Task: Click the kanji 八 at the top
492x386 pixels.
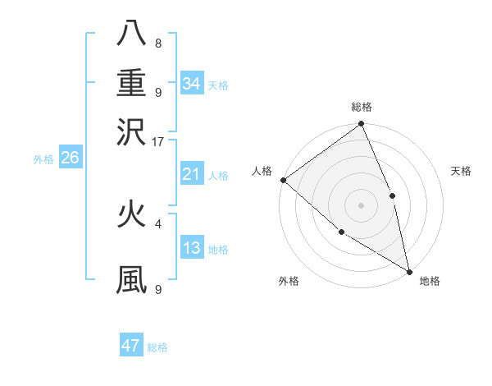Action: click(131, 34)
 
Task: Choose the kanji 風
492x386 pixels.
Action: click(131, 278)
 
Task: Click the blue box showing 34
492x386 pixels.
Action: click(192, 83)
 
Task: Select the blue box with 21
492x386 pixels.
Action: click(192, 174)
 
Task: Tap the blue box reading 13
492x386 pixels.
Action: click(192, 248)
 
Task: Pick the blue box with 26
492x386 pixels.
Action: click(70, 159)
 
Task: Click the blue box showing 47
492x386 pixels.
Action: click(131, 346)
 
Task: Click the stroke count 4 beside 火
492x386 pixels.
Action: click(158, 223)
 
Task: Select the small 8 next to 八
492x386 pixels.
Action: click(158, 43)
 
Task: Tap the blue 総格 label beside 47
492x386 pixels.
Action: click(157, 347)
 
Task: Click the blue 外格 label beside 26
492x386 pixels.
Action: click(43, 159)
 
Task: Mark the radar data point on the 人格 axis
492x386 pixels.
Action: click(283, 180)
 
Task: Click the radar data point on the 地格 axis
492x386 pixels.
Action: click(408, 270)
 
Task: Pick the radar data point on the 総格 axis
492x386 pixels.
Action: click(362, 125)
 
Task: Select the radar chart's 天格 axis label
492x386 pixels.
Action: click(462, 171)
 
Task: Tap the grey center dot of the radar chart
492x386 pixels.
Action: click(362, 204)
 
